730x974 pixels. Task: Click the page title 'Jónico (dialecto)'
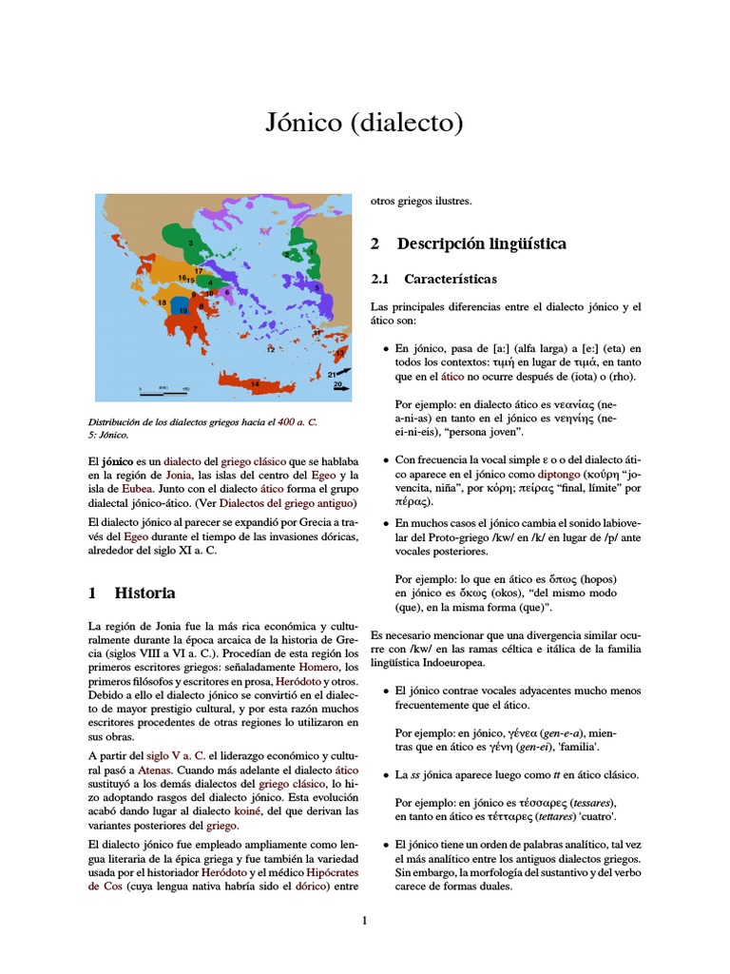coord(364,124)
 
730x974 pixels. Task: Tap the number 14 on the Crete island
coord(255,383)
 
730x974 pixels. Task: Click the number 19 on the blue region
coord(178,310)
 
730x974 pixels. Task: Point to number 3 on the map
coord(191,243)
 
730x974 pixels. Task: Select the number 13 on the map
coord(339,353)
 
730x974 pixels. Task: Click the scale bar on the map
coord(163,389)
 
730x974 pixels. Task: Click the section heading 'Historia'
coord(144,593)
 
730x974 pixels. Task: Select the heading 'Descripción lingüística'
coord(481,243)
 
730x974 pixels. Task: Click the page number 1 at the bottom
coord(364,920)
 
